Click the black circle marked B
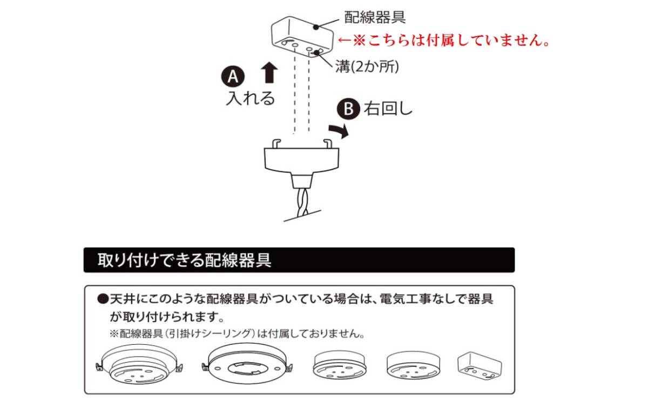pyautogui.click(x=349, y=109)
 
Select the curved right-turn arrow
pyautogui.click(x=339, y=130)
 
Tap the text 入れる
pyautogui.click(x=250, y=99)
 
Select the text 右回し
pyautogui.click(x=388, y=109)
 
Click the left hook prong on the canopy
pyautogui.click(x=275, y=143)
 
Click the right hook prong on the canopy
pyautogui.click(x=327, y=143)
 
